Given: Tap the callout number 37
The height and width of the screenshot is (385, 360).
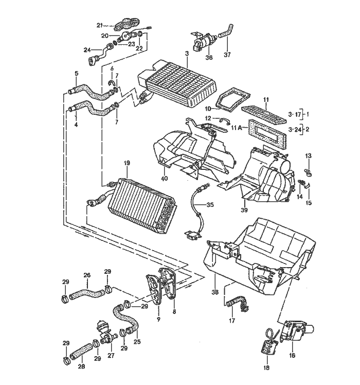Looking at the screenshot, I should pyautogui.click(x=227, y=55).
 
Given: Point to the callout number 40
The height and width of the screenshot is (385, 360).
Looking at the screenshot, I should pyautogui.click(x=165, y=178).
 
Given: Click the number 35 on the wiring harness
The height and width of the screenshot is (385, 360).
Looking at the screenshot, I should pyautogui.click(x=210, y=204).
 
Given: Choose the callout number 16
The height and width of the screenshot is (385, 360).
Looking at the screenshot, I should pyautogui.click(x=292, y=355).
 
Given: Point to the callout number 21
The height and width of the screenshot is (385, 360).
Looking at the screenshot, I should pyautogui.click(x=100, y=25).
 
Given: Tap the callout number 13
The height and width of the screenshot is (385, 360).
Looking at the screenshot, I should pyautogui.click(x=309, y=155).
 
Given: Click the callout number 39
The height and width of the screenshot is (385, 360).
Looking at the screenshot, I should pyautogui.click(x=244, y=210).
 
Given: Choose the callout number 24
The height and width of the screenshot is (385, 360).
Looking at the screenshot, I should pyautogui.click(x=87, y=49).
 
